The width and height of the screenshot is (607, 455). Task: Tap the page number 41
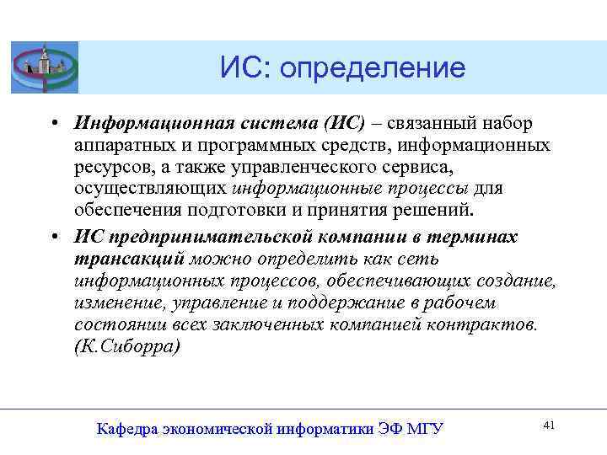click(x=549, y=426)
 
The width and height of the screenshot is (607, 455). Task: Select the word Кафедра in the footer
click(x=126, y=429)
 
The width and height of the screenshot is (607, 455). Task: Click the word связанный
click(x=437, y=124)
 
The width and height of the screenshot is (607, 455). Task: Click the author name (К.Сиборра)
click(x=126, y=346)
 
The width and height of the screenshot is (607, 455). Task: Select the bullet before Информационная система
click(x=53, y=125)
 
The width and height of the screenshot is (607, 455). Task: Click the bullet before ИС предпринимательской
click(x=53, y=238)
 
